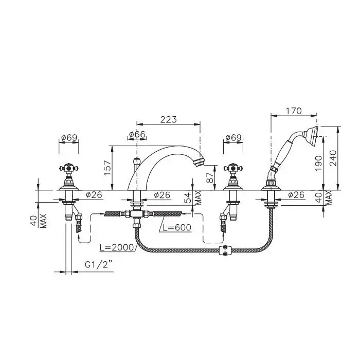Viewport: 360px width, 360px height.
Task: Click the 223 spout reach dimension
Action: (169, 120)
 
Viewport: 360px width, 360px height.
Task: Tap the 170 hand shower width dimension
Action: (294, 111)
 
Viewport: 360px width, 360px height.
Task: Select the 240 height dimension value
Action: (333, 158)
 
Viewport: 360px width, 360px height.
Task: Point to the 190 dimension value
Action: (318, 163)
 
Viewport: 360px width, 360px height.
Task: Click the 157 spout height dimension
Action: (107, 168)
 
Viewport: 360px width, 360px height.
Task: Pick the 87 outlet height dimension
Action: (210, 177)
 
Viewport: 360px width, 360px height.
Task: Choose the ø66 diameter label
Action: (137, 134)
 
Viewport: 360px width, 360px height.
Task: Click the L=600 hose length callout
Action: (177, 227)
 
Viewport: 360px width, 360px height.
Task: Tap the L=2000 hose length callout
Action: (117, 247)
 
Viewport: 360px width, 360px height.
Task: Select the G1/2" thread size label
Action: (99, 265)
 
